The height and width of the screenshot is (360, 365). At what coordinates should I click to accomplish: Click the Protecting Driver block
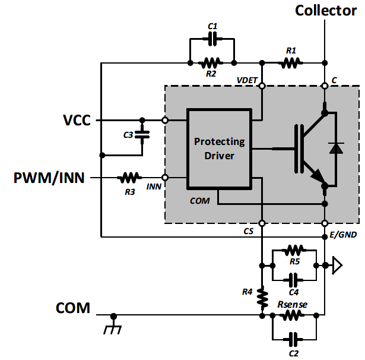coord(219,149)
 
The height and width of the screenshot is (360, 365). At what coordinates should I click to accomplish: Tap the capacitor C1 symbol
coord(211,39)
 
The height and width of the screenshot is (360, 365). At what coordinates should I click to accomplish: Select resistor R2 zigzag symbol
coord(211,62)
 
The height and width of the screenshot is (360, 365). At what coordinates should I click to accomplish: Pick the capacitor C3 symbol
coord(141,135)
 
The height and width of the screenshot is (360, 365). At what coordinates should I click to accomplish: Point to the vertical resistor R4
coord(261,296)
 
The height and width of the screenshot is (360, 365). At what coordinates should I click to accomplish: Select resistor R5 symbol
coord(294,250)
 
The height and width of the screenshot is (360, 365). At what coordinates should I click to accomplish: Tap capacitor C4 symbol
coord(293,279)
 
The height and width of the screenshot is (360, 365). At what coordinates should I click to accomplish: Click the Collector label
coord(326,10)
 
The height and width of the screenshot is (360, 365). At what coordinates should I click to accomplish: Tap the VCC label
coord(77,120)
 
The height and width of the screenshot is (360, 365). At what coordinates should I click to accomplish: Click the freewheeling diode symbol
coord(337,148)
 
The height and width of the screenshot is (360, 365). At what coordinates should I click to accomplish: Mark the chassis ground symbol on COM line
coord(113,326)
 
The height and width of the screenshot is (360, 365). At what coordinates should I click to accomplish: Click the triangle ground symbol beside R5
coord(337,264)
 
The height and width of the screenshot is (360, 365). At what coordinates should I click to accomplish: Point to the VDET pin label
coord(247,79)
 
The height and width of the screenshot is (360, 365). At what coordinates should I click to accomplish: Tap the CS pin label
coord(249,232)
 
